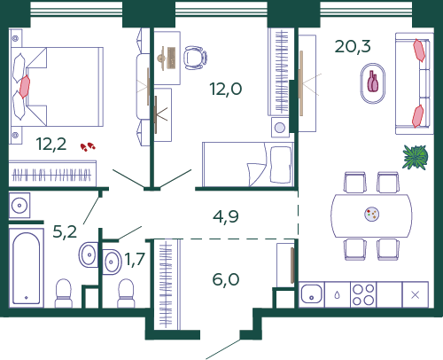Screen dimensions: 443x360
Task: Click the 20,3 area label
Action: tap(353, 47)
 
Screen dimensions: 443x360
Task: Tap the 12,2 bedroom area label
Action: tap(51, 144)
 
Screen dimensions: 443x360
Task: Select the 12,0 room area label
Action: tap(226, 89)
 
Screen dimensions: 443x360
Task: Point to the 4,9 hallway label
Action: tap(226, 216)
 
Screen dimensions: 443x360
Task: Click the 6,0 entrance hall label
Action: tap(226, 279)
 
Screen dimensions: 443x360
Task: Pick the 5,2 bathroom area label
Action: tap(65, 231)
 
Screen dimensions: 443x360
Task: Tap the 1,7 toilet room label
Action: tap(135, 259)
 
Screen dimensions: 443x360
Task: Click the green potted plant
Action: tap(416, 157)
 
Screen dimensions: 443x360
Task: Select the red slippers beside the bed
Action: tap(88, 147)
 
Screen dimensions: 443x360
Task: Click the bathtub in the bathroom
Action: tap(27, 268)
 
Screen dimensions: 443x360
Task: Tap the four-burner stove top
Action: tap(363, 294)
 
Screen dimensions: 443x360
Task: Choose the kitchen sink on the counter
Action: tap(312, 294)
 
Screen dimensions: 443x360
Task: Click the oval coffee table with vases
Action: tap(373, 83)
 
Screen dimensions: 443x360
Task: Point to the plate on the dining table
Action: tap(372, 214)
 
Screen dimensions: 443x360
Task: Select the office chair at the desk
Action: tap(195, 58)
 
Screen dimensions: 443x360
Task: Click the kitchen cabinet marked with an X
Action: tap(416, 294)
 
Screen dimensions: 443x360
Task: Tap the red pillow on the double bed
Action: tap(25, 86)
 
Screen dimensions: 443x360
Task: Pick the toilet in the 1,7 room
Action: tap(126, 293)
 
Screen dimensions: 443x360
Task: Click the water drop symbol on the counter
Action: tap(338, 295)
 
